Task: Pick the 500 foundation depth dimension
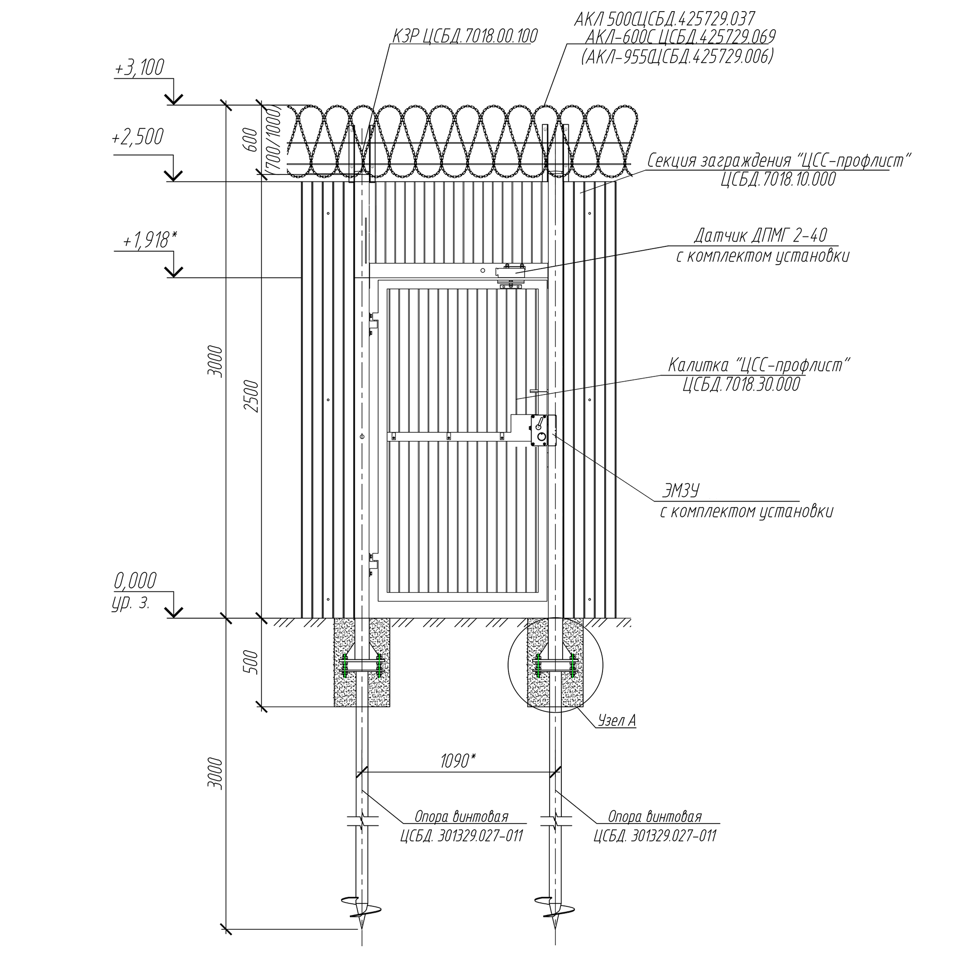[252, 662]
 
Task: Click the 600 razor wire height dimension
[252, 140]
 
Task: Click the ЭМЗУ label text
[681, 491]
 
